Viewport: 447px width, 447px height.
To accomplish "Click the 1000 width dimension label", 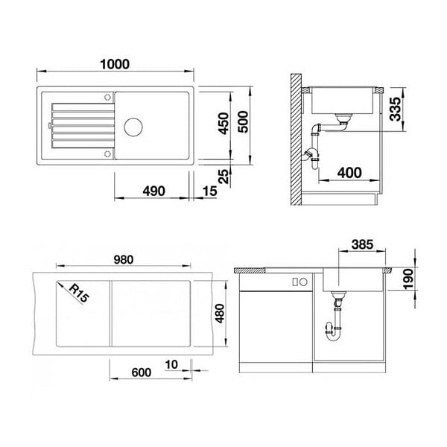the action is click(115, 64).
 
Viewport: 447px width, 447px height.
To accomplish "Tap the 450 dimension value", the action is click(223, 123).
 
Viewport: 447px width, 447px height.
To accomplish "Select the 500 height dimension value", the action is click(243, 122).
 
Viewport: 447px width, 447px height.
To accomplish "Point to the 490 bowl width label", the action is click(154, 191).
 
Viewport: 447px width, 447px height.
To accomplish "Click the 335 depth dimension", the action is click(396, 109).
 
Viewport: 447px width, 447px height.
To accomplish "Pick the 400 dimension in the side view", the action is click(349, 173).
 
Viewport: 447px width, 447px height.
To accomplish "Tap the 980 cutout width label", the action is click(124, 260).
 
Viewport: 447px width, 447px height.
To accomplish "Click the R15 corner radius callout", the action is click(79, 293).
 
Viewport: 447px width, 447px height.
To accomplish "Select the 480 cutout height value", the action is click(220, 314).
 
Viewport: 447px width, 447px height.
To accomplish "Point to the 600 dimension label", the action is click(142, 372).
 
